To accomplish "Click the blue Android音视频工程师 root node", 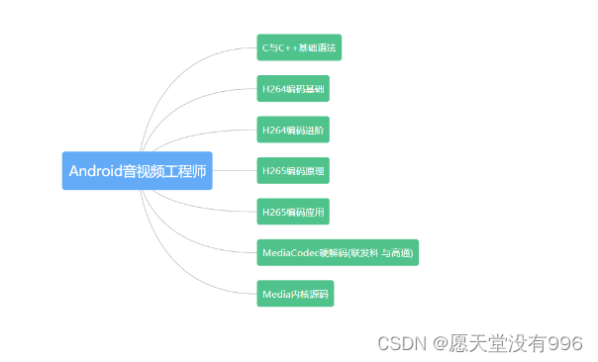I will click(138, 170).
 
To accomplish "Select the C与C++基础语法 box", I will click(299, 47).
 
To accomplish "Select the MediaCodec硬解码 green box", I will click(338, 252).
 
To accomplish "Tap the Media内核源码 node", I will click(295, 294).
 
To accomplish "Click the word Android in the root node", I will click(95, 170).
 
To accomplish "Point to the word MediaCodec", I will click(288, 253).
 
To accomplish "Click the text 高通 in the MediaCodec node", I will click(401, 253).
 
